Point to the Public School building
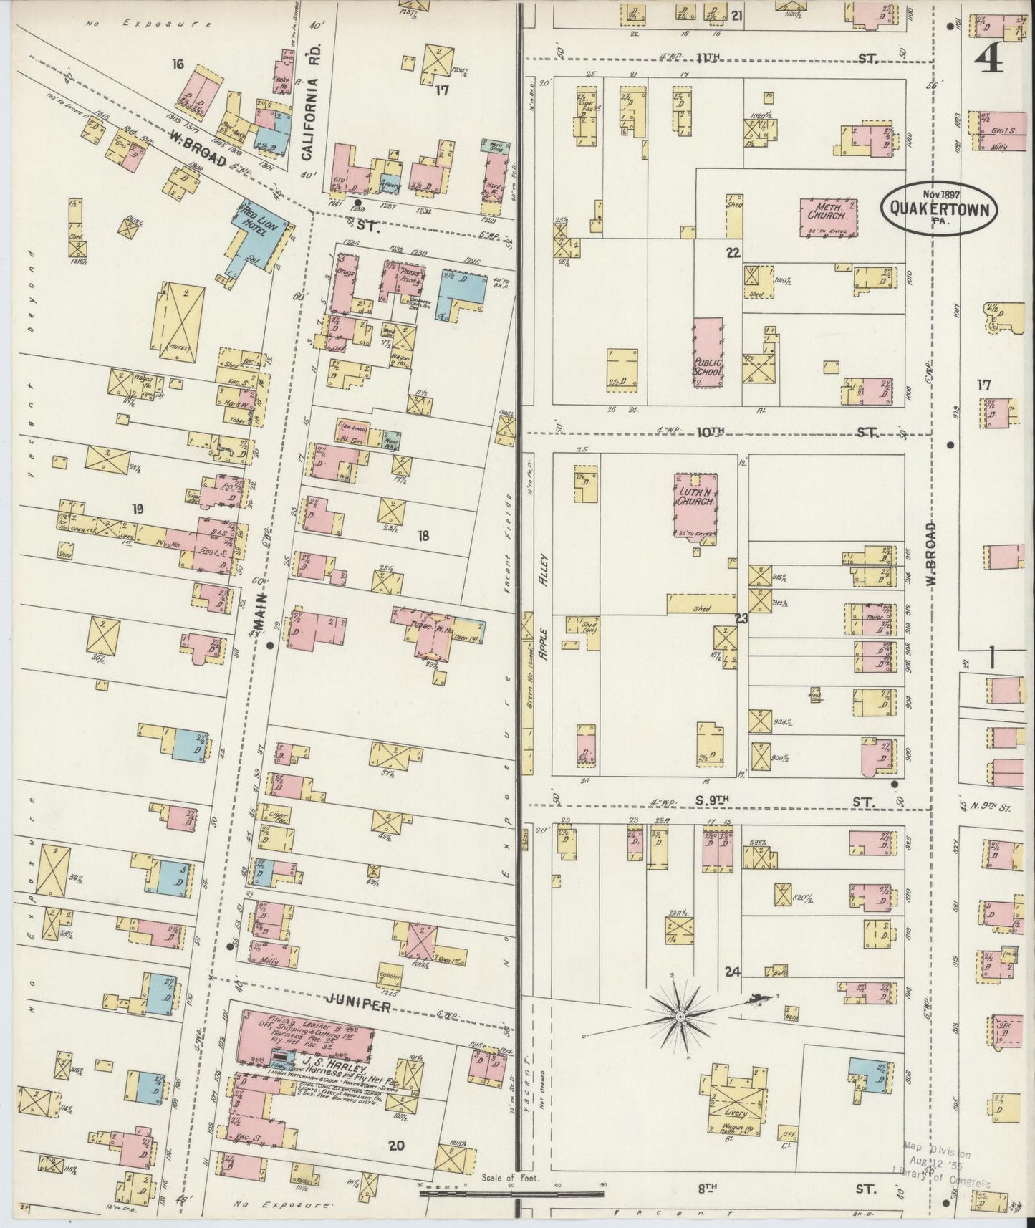(x=708, y=355)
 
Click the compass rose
(x=679, y=1015)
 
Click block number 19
(x=138, y=509)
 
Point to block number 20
(x=396, y=1146)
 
